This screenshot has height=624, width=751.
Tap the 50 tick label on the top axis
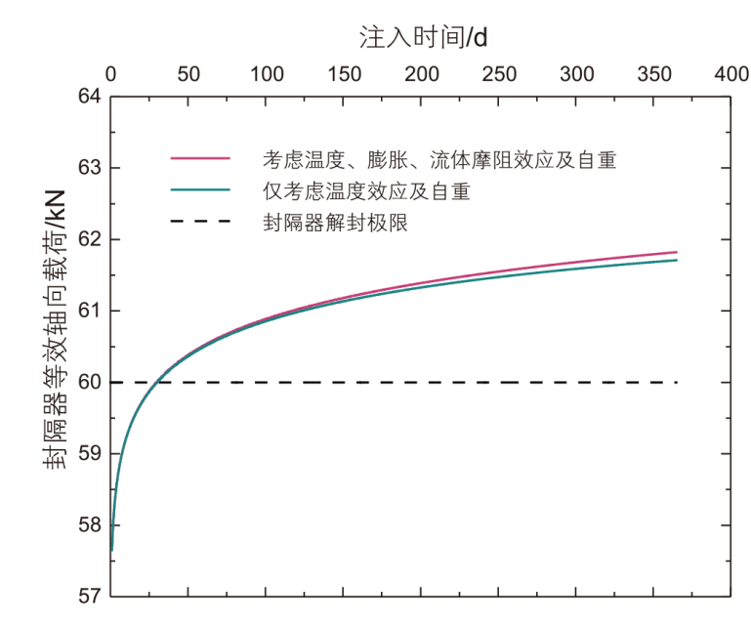coord(188,74)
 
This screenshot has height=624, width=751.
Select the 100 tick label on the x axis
coord(267,74)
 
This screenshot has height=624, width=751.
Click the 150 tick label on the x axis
coord(344,74)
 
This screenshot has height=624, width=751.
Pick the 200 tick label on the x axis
coord(422,74)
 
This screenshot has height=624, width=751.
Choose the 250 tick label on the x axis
coord(500,74)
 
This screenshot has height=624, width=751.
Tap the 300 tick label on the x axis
coord(578,74)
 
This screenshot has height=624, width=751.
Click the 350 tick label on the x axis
coord(655,74)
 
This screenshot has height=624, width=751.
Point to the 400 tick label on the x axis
coord(732,74)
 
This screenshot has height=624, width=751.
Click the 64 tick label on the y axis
coord(91,97)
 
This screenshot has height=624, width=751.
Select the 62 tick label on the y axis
coord(91,239)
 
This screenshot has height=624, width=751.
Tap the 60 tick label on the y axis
coord(91,382)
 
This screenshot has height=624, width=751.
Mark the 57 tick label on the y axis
coord(91,596)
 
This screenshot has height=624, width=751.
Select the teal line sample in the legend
coord(200,189)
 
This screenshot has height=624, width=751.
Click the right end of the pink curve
coord(676,252)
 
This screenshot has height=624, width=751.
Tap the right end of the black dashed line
coord(676,382)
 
